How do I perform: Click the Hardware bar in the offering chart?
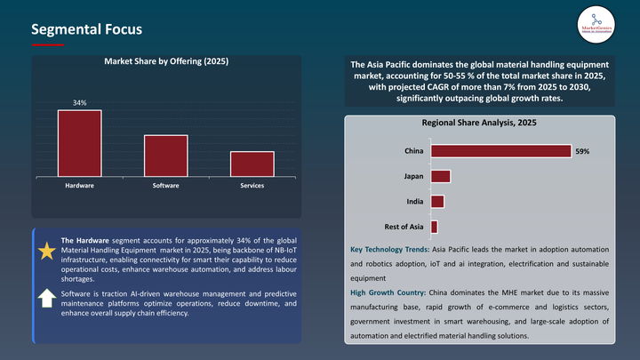(80, 143)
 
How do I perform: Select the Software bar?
(165, 156)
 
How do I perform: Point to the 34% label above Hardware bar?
(80, 103)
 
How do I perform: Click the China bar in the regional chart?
(500, 151)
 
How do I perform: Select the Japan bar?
(441, 176)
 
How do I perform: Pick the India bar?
(437, 202)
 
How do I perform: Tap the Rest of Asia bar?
(434, 228)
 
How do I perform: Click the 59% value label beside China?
(582, 152)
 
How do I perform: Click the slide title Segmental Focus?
(86, 29)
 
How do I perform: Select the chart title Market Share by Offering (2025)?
(166, 61)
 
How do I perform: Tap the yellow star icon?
(47, 252)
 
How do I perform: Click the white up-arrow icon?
(47, 299)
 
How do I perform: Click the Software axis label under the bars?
(165, 185)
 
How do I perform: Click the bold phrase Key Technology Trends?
(388, 250)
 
